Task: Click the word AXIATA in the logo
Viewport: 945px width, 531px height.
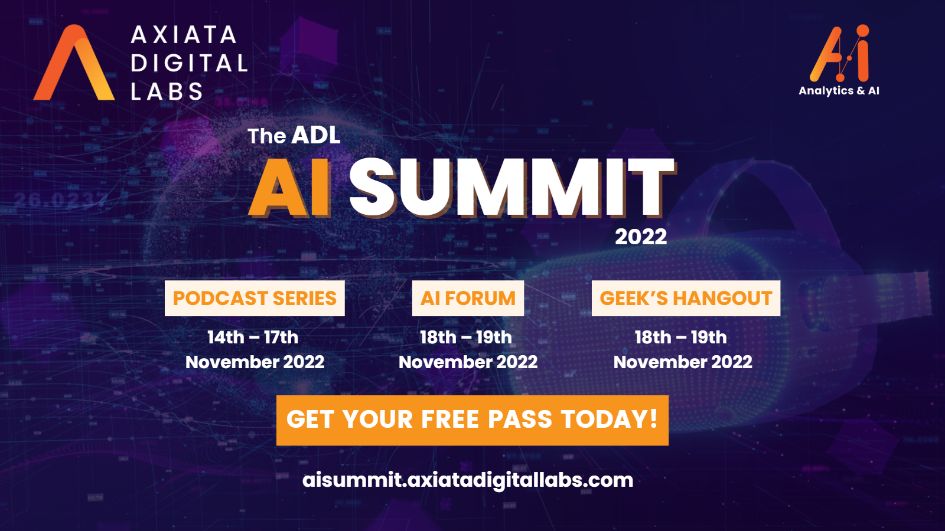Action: tap(184, 35)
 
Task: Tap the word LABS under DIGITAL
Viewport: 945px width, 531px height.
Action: tap(167, 91)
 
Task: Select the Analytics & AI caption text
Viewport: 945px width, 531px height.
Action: tap(839, 91)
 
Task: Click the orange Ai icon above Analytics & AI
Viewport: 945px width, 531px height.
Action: tap(839, 53)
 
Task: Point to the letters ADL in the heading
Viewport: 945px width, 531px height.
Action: tap(315, 135)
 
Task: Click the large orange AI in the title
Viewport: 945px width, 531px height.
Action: tap(289, 188)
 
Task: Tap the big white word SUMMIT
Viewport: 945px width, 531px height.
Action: tap(511, 188)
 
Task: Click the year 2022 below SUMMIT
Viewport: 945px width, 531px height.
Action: tap(641, 237)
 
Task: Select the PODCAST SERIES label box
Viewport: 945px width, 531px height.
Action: tap(255, 299)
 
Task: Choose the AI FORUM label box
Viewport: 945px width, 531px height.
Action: tap(468, 299)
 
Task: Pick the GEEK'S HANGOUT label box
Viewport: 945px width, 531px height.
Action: tap(686, 299)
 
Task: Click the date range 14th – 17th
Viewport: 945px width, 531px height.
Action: tap(253, 337)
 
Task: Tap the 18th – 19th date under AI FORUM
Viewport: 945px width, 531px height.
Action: tap(466, 337)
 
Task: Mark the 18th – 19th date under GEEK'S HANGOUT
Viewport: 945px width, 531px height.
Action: tap(681, 337)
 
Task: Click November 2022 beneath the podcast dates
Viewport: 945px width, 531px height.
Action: tap(255, 362)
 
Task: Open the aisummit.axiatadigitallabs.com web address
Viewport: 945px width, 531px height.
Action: tap(468, 481)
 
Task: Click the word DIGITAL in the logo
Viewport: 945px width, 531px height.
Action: tap(190, 63)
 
